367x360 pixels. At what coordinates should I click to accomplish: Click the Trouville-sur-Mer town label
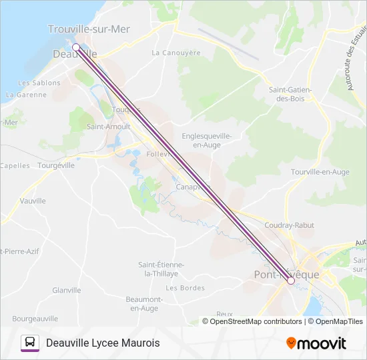pyautogui.click(x=89, y=29)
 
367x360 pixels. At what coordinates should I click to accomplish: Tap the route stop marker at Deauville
pyautogui.click(x=76, y=47)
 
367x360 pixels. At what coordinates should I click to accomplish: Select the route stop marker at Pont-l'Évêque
pyautogui.click(x=291, y=281)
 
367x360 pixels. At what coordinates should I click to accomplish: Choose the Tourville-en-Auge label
pyautogui.click(x=320, y=172)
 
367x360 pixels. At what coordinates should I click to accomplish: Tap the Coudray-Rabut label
pyautogui.click(x=290, y=225)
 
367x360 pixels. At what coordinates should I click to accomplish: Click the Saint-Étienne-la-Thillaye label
pyautogui.click(x=161, y=269)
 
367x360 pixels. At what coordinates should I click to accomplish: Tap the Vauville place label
pyautogui.click(x=33, y=201)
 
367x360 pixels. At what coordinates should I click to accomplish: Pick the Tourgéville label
pyautogui.click(x=57, y=165)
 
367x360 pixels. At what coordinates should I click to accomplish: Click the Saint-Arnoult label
pyautogui.click(x=108, y=126)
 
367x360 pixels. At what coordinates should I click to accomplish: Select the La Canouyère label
pyautogui.click(x=175, y=53)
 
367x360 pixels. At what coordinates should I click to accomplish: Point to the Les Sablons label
pyautogui.click(x=39, y=83)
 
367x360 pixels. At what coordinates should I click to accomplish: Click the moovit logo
pyautogui.click(x=316, y=343)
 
